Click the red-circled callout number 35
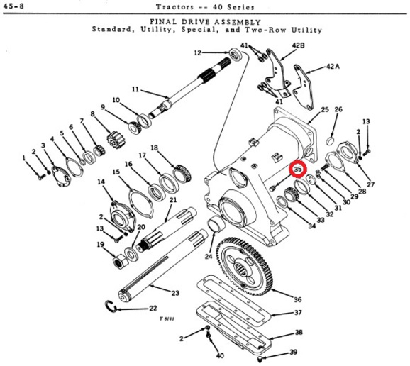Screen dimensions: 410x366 (298, 169)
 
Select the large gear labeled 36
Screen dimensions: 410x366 (244, 267)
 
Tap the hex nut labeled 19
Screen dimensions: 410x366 (120, 262)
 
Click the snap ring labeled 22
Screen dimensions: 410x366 (111, 306)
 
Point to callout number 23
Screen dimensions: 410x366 (175, 293)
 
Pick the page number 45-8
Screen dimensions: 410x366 (13, 6)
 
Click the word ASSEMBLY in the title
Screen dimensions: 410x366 (238, 22)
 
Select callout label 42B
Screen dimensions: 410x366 (299, 45)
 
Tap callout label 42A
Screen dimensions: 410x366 (333, 67)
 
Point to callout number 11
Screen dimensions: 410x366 (135, 89)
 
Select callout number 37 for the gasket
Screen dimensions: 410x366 (298, 312)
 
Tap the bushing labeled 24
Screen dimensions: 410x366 (216, 224)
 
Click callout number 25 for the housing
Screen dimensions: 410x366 (325, 109)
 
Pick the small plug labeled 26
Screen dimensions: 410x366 (331, 141)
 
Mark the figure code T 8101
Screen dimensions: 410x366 (167, 318)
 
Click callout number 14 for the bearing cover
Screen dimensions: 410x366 (101, 182)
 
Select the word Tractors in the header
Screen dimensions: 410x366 (175, 6)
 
